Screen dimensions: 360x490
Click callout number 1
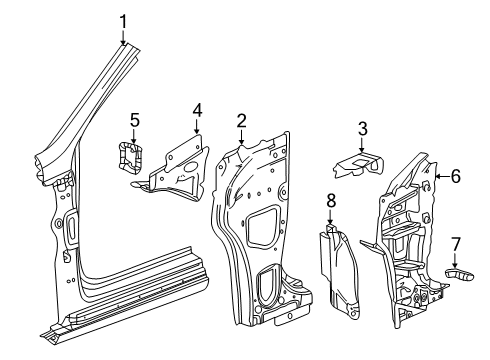click(123, 20)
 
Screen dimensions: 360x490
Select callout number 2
click(241, 121)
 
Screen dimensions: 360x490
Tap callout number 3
click(363, 127)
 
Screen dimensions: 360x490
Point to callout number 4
click(197, 110)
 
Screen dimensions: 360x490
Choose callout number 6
click(455, 176)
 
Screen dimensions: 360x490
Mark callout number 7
click(455, 244)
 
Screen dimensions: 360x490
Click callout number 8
click(330, 202)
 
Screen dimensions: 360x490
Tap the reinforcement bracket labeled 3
click(361, 161)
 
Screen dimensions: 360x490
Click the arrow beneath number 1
click(123, 40)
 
